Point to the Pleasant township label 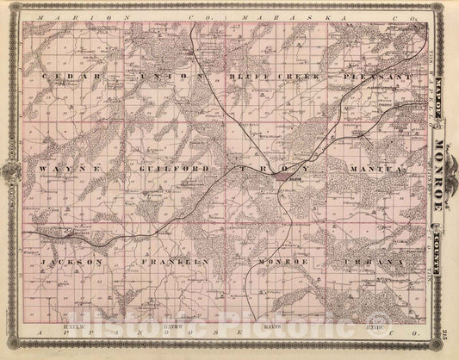[x=376, y=77]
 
